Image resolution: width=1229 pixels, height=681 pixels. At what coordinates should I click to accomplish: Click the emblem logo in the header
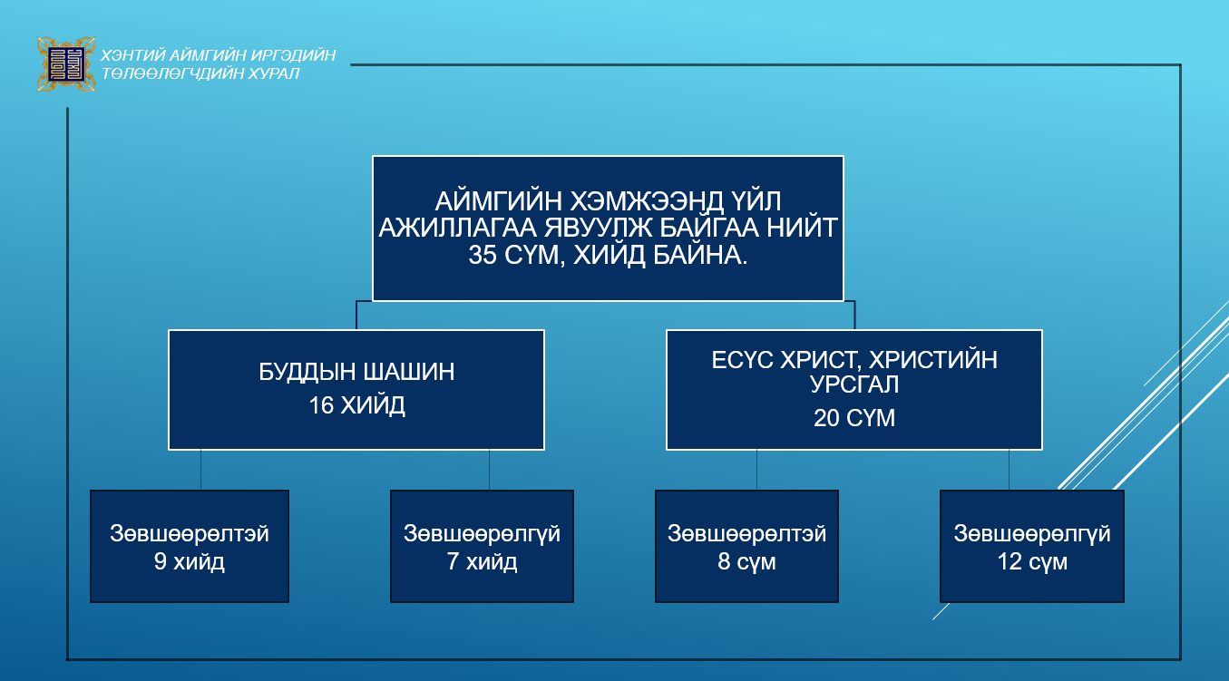66,63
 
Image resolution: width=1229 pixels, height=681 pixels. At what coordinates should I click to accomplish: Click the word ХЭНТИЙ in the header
132,55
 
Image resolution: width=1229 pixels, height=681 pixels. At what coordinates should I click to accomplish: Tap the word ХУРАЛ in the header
273,73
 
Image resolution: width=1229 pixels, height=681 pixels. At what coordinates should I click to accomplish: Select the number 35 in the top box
483,255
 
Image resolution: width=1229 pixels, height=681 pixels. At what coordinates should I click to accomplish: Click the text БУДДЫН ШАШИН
356,372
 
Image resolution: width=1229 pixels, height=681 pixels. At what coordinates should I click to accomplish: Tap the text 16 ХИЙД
356,405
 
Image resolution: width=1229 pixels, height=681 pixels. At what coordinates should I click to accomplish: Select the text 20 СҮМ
854,418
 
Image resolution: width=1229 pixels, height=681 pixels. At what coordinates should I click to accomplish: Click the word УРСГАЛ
854,384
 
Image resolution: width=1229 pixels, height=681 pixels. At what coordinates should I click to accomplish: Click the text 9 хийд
190,561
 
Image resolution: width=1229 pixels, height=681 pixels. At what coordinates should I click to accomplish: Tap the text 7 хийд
482,561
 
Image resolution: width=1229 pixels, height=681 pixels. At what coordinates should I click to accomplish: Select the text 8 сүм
746,561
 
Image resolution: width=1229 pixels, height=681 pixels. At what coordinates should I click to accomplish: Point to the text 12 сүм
1032,561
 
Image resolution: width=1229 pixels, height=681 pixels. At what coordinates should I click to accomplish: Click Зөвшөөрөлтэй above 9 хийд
190,533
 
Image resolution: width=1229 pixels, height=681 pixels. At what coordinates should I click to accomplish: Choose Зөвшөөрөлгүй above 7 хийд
482,533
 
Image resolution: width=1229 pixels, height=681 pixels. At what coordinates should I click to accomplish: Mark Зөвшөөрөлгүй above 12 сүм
1032,533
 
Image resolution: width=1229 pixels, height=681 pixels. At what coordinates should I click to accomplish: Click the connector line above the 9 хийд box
200,470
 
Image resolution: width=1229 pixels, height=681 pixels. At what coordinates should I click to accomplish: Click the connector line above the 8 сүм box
757,470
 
